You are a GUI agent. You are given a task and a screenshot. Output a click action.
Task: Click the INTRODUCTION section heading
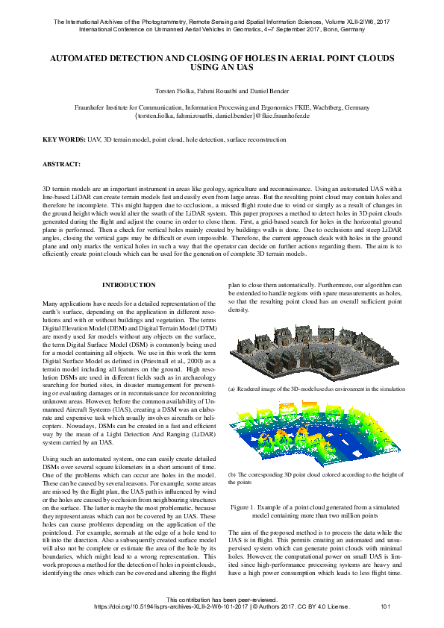128,285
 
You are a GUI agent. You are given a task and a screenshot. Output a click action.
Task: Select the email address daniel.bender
235,117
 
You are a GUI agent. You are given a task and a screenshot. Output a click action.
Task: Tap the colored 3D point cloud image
313,436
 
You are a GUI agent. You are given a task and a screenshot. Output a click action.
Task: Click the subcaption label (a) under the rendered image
232,389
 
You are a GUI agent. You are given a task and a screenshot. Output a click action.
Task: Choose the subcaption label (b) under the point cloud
232,474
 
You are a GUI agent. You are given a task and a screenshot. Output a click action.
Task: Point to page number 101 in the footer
386,606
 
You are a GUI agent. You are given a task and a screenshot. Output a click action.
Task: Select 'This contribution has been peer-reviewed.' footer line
222,599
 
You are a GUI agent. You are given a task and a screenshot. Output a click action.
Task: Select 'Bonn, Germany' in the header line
343,31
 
